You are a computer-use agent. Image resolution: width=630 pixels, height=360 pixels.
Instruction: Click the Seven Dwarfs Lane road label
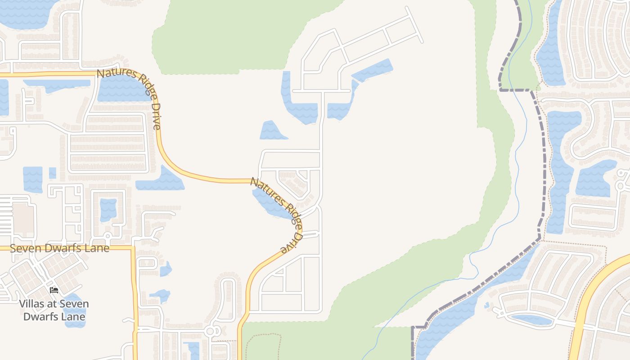[59, 248]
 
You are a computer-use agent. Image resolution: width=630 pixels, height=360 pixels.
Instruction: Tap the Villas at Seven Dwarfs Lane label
[54, 310]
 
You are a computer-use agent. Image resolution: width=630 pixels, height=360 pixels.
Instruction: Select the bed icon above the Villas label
[54, 290]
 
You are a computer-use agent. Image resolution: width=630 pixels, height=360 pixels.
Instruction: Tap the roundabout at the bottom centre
[210, 332]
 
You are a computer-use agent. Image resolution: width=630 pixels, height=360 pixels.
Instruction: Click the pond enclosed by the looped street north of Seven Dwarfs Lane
[108, 209]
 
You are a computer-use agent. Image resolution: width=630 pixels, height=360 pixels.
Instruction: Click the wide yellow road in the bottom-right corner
[585, 306]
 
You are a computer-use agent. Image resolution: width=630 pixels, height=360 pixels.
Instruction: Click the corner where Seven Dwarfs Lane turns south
[133, 247]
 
